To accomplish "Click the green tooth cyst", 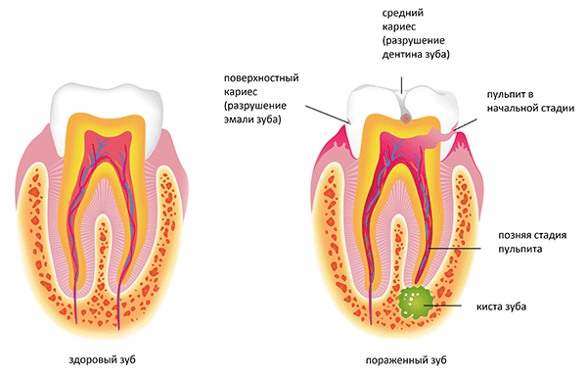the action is (x=416, y=302).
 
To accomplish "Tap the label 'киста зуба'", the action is (x=501, y=306).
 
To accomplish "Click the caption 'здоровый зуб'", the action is (x=103, y=360).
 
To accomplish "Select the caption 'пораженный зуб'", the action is (x=406, y=360).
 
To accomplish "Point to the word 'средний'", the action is (x=403, y=13).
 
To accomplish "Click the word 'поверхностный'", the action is (x=261, y=78).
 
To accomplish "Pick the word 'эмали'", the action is (x=239, y=119).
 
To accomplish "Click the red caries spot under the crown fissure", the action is (x=405, y=118).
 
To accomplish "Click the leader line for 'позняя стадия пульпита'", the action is (x=455, y=248).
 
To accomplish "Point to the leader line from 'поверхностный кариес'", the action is (x=328, y=114).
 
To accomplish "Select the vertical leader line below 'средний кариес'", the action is (x=402, y=84).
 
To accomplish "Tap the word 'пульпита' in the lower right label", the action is (x=520, y=249).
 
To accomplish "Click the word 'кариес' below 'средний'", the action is (x=399, y=27).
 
